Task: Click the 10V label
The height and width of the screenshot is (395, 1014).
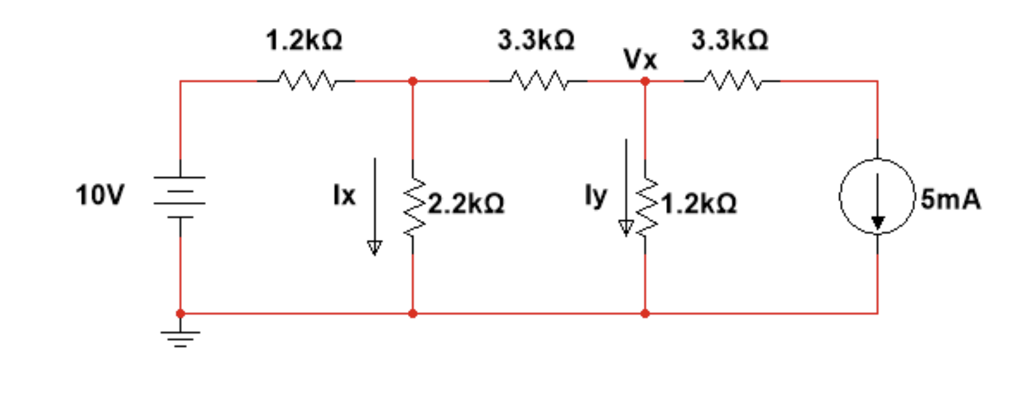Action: pos(99,195)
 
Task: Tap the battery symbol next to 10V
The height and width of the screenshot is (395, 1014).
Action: pos(180,196)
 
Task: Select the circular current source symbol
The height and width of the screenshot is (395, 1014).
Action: pos(877,196)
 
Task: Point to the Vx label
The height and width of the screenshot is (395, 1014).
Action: pos(641,60)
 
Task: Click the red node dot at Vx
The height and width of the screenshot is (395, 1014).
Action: pos(645,81)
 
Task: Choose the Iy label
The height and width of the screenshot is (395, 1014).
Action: pos(595,196)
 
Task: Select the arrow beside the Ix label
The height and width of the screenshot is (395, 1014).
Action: pos(375,205)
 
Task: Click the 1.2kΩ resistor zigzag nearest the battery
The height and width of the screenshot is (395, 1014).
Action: pos(306,81)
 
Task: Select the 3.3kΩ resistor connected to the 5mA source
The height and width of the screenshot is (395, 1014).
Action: pos(731,81)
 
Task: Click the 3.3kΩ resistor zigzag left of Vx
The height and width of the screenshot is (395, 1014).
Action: pos(538,81)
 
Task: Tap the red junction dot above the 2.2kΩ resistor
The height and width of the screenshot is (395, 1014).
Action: pos(413,81)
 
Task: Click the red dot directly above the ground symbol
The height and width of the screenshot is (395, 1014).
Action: pos(181,314)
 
